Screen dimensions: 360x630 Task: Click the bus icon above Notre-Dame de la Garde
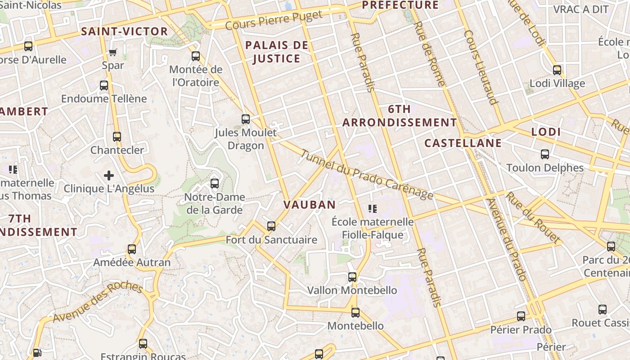pyautogui.click(x=215, y=184)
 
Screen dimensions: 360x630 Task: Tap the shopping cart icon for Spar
pyautogui.click(x=113, y=53)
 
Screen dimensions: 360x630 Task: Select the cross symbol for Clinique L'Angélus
pyautogui.click(x=109, y=175)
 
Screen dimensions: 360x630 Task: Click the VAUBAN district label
pyautogui.click(x=310, y=205)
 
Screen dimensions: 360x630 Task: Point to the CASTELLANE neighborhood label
pyautogui.click(x=463, y=143)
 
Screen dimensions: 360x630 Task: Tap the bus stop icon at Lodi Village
pyautogui.click(x=557, y=70)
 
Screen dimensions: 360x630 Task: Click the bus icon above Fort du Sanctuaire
pyautogui.click(x=271, y=226)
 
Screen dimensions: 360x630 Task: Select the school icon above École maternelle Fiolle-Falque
pyautogui.click(x=373, y=208)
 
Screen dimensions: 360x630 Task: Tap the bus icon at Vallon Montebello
pyautogui.click(x=352, y=277)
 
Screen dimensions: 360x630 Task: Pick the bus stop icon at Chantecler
pyautogui.click(x=117, y=137)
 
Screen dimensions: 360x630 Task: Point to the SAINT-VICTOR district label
pyautogui.click(x=124, y=31)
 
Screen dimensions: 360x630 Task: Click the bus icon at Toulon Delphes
pyautogui.click(x=545, y=155)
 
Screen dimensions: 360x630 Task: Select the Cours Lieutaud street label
pyautogui.click(x=481, y=67)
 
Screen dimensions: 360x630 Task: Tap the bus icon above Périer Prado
pyautogui.click(x=521, y=316)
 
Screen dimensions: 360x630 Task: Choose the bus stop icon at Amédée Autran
pyautogui.click(x=132, y=249)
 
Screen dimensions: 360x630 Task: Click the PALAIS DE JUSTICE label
pyautogui.click(x=277, y=52)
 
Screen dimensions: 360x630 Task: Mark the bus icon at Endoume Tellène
pyautogui.click(x=104, y=85)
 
